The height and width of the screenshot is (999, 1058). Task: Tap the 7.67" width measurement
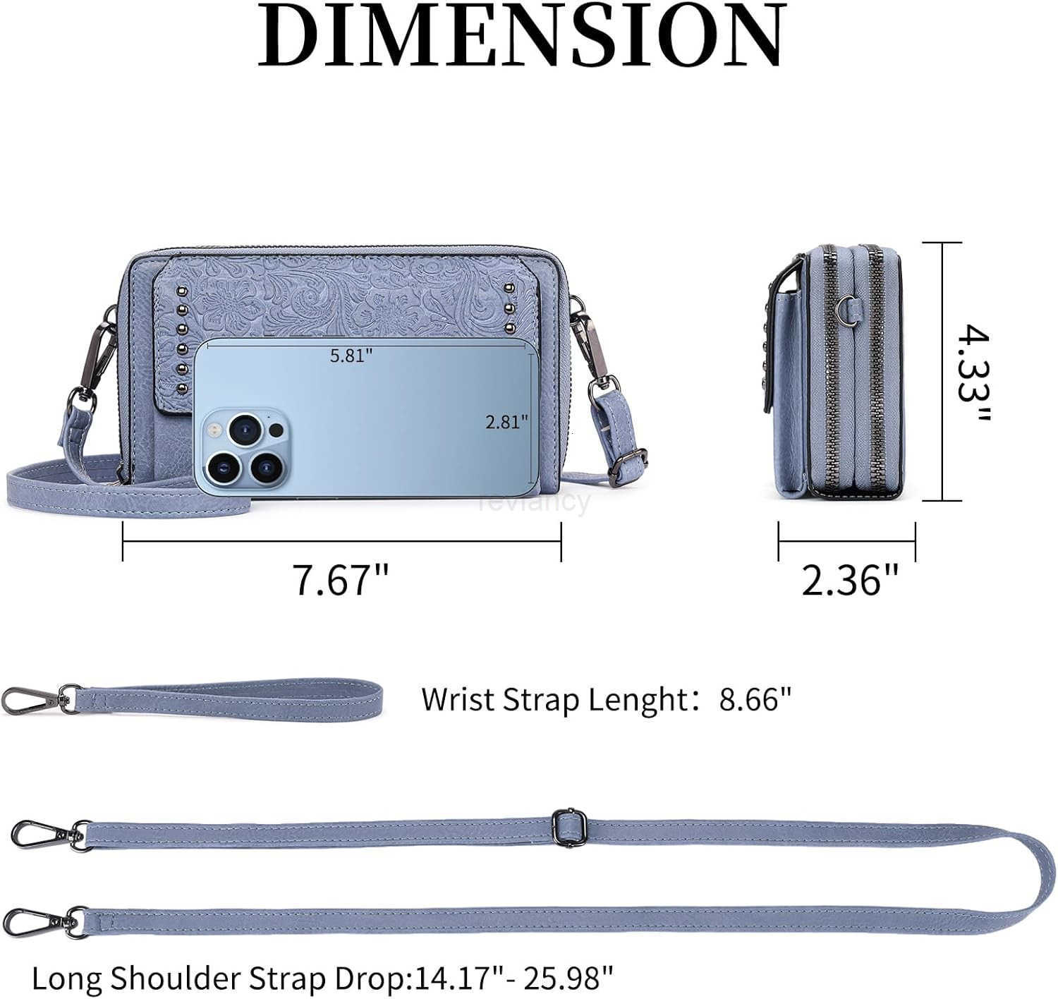[341, 579]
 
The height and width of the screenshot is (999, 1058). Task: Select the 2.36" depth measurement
[850, 579]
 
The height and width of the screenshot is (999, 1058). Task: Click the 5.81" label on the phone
[351, 356]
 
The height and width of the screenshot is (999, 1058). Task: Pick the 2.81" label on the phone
[506, 422]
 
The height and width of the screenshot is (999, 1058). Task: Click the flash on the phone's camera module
[214, 430]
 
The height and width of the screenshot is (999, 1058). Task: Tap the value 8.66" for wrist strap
[755, 699]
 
